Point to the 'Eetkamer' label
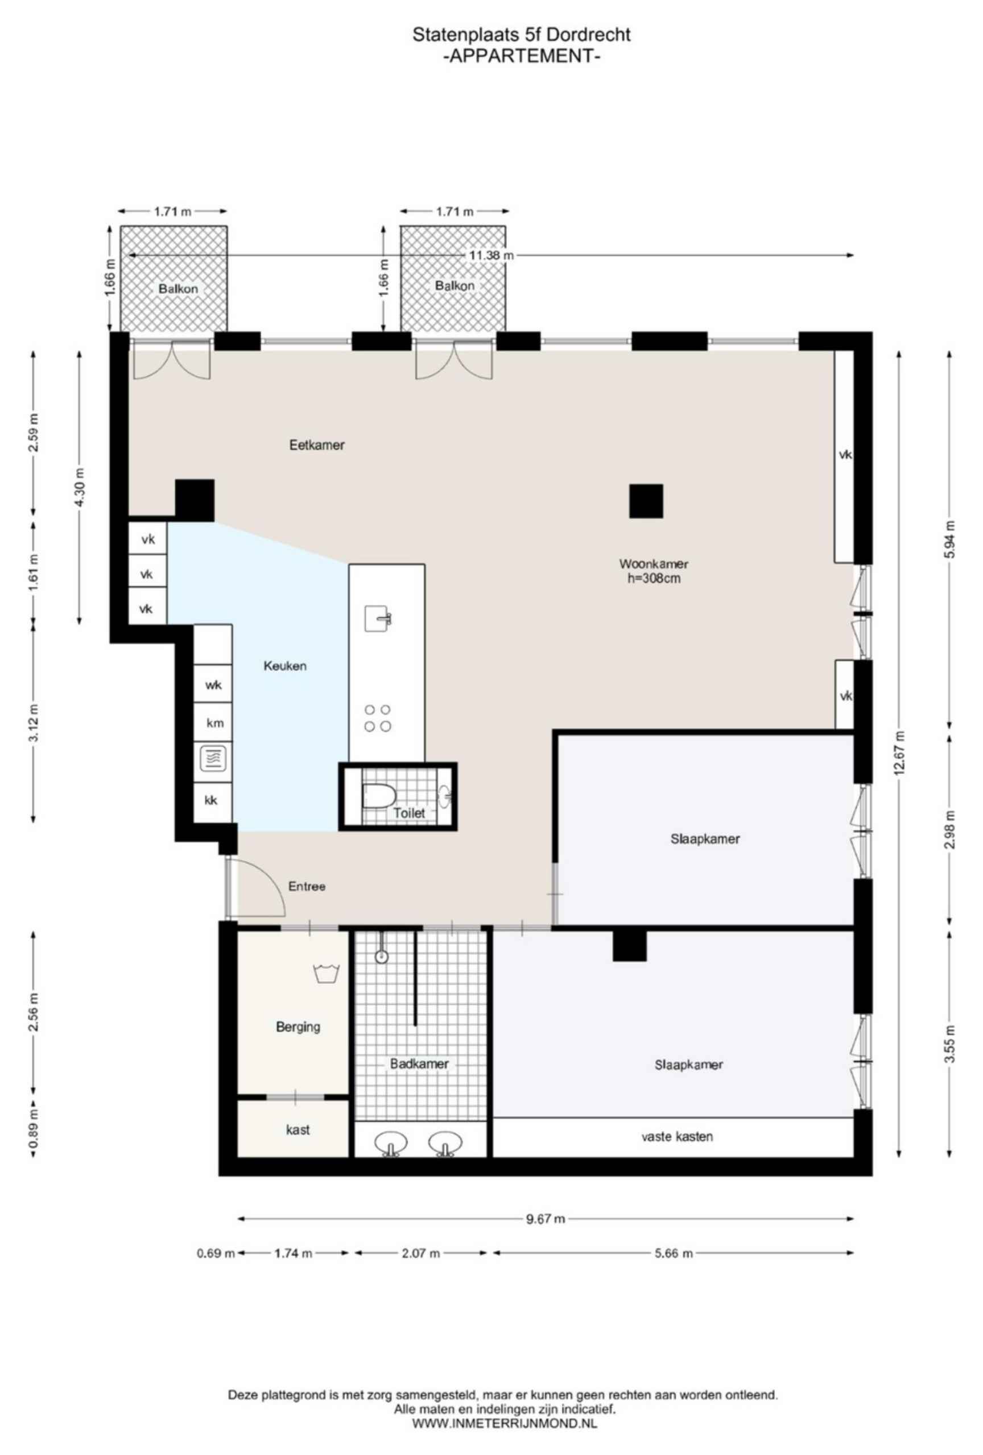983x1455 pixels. [316, 445]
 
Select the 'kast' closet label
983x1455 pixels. [298, 1129]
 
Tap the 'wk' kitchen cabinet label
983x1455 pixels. [213, 684]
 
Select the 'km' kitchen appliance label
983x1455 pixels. [215, 723]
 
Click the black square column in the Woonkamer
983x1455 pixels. [646, 501]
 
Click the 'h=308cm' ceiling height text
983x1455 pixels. [654, 579]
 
